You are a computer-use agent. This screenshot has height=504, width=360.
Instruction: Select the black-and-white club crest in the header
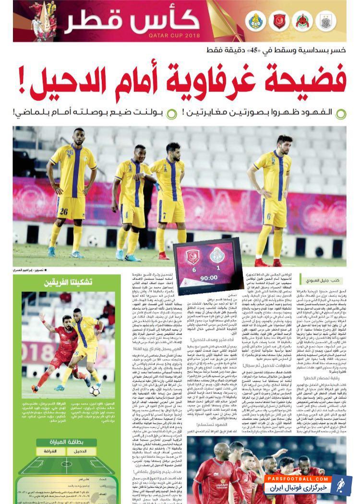(x=327, y=22)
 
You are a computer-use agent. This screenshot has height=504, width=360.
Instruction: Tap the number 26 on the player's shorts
(x=62, y=211)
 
